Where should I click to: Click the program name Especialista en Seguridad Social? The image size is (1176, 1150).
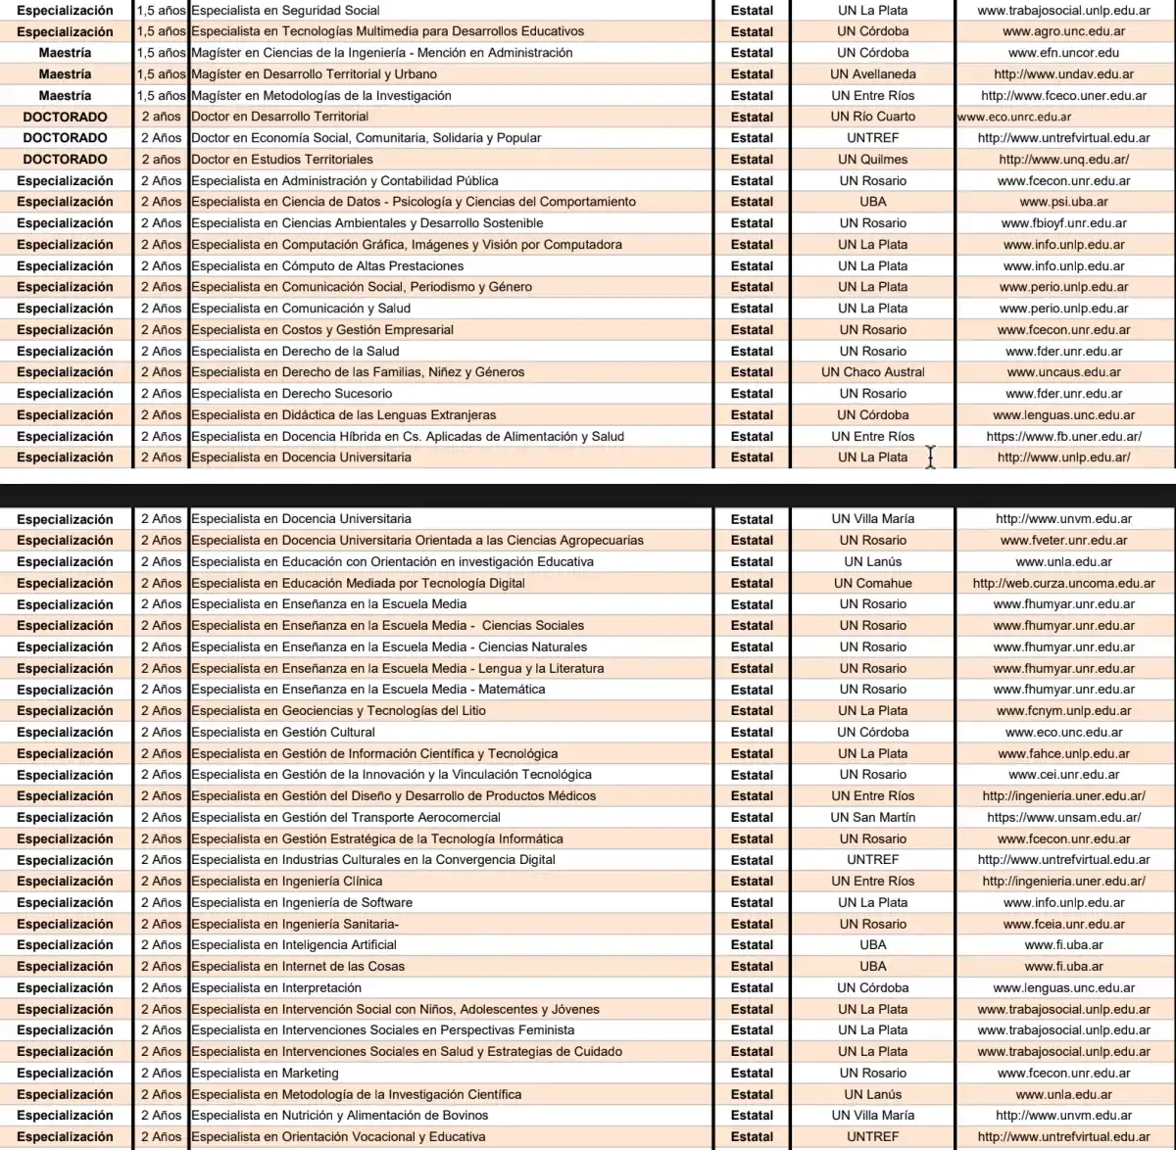coord(285,10)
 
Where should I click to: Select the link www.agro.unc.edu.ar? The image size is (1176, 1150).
coord(1063,31)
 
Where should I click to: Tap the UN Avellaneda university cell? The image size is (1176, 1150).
coord(872,73)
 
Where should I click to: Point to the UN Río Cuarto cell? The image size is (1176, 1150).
coord(872,117)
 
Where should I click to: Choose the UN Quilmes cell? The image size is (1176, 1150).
coord(872,159)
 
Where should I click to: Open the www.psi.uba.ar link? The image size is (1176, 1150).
coord(1063,202)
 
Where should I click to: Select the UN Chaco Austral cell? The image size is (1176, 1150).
coord(872,372)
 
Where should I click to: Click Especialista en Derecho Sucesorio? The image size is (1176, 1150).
coord(292,394)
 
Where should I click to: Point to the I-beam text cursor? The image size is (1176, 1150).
coord(930,457)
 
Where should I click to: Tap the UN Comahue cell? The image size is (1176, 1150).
coord(872,583)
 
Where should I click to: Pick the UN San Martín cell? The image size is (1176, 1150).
coord(872,817)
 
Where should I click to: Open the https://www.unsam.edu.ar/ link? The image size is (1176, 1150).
coord(1063,817)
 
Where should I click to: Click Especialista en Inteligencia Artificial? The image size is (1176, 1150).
coord(294,945)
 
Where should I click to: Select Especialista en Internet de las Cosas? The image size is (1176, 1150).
coord(298,966)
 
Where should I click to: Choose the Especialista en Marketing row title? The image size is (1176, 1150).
coord(265,1073)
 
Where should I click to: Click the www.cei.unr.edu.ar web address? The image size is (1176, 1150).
coord(1063,775)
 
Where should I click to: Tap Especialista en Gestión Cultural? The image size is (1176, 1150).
coord(283,732)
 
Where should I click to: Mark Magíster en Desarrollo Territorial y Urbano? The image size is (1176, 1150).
coord(315,73)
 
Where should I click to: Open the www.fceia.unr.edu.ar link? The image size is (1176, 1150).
coord(1063,924)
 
